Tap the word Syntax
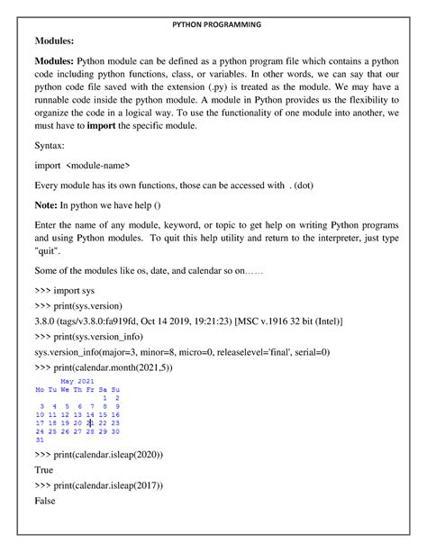coord(50,145)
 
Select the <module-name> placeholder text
coord(98,165)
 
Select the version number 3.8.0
coord(46,321)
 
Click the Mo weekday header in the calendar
coord(40,389)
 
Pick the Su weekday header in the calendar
coord(116,389)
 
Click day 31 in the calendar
coord(40,440)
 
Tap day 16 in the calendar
coord(116,414)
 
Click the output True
coord(43,469)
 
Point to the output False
coord(45,500)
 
